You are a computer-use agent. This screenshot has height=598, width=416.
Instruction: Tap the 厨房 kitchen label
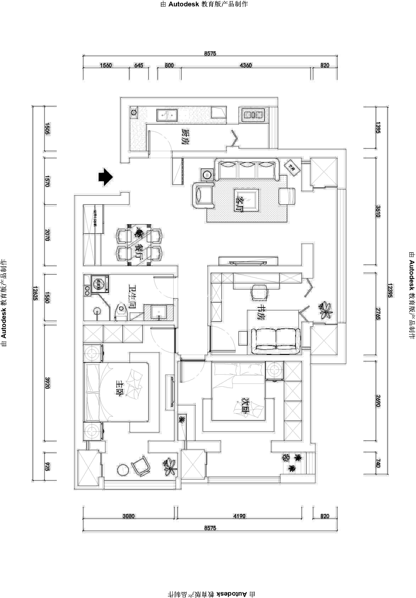point(185,137)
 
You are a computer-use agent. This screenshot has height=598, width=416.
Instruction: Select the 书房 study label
point(260,312)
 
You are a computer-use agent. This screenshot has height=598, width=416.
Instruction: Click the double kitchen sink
point(167,115)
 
